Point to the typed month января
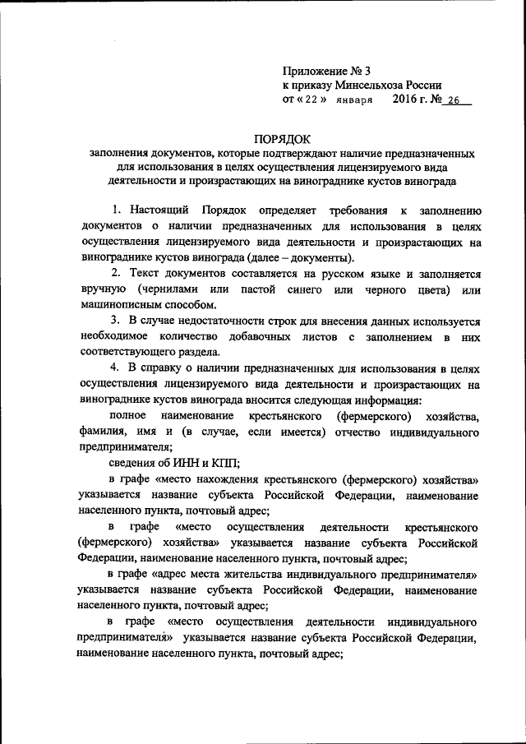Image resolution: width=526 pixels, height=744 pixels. point(355,100)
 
